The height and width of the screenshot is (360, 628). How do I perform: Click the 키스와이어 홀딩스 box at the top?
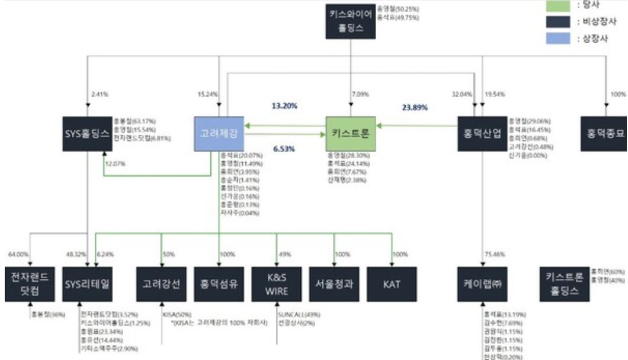point(352,22)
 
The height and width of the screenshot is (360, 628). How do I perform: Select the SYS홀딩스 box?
point(87,134)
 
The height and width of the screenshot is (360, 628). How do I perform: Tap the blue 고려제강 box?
point(219,133)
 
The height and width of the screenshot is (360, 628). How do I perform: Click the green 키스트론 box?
point(351,133)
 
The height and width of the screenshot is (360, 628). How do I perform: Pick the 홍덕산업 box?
point(482,134)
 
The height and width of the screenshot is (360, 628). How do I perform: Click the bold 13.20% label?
point(284,107)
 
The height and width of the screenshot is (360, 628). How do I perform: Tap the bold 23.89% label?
point(415,108)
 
